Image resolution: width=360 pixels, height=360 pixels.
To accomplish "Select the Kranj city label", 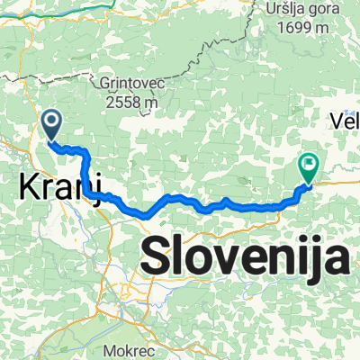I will [x=59, y=189].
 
